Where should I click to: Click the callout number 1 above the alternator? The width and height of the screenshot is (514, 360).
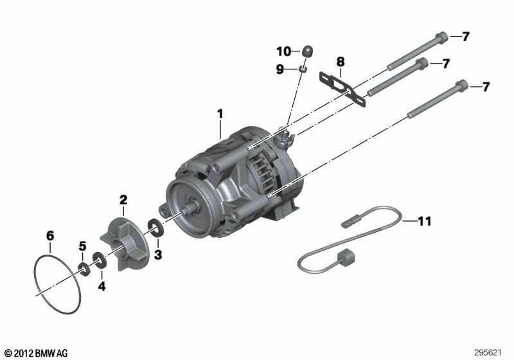point(220,114)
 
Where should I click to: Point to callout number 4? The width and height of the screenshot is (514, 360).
point(101,284)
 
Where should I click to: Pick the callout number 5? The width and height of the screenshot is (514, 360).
point(82,246)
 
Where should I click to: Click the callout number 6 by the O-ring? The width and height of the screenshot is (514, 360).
point(50,235)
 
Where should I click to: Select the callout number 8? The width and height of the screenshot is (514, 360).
point(341,62)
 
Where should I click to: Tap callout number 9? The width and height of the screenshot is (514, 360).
point(280,69)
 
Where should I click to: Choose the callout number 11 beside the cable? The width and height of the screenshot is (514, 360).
point(424,222)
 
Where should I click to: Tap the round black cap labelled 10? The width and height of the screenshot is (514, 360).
point(308,50)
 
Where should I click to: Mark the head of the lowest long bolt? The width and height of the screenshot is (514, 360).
point(462,85)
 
